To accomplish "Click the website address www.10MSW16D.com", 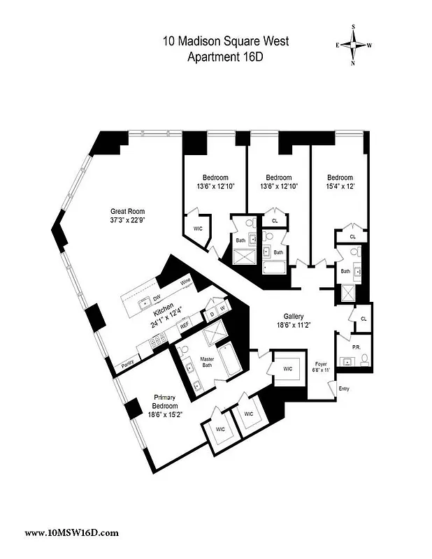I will coord(71,532).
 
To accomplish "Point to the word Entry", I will coord(343,389).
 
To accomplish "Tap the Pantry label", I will coord(128,363).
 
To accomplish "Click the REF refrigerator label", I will coord(185,325).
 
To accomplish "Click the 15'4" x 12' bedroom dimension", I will coord(340,187).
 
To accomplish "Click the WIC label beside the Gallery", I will coord(288,369).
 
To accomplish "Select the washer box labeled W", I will coord(222,308).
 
